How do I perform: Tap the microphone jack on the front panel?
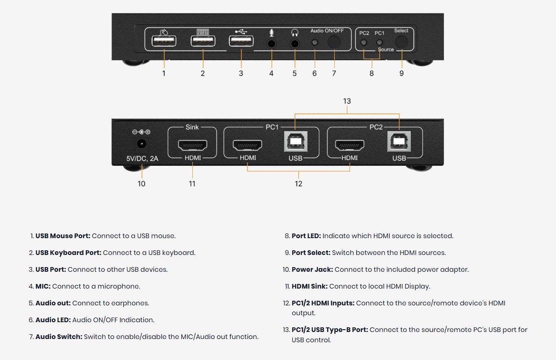coord(271,43)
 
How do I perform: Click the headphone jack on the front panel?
coord(295,43)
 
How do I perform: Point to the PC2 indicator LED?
coord(364,43)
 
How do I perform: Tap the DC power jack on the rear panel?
coord(141,144)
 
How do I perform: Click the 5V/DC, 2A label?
coord(142,159)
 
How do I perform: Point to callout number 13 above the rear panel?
coord(347,101)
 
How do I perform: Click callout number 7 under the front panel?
coord(334,73)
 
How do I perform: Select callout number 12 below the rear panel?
coord(298,184)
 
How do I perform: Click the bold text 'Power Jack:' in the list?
coord(312,269)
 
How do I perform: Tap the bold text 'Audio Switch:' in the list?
coord(59,337)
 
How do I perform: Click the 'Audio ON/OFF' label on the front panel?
coord(327,31)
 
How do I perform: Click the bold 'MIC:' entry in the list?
coord(43,286)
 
